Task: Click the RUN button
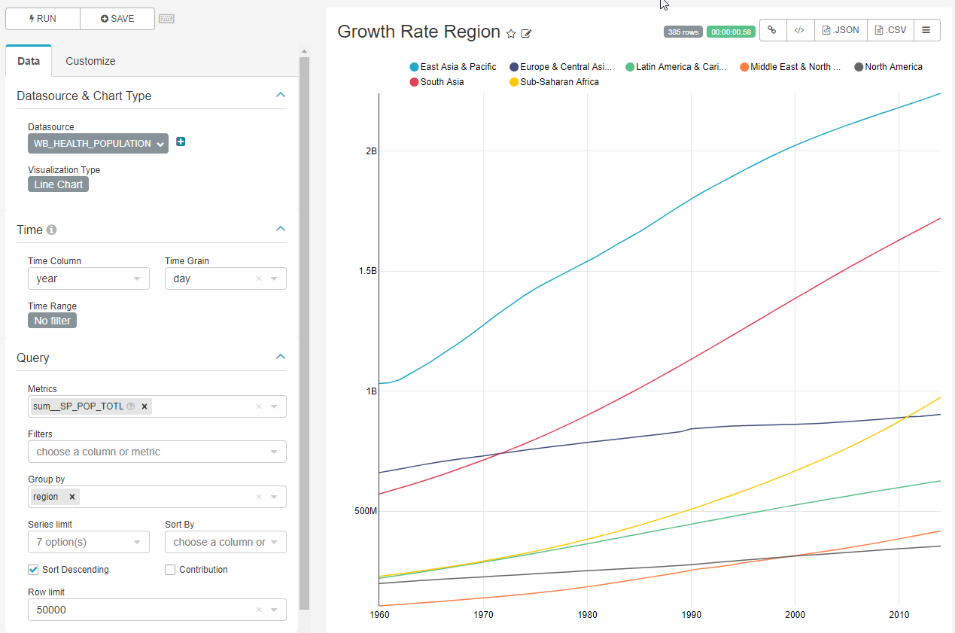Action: (x=43, y=19)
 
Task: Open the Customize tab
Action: (x=90, y=61)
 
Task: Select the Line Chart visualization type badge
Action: (x=58, y=184)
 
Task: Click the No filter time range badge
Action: (x=52, y=321)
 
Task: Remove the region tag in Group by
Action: (x=72, y=497)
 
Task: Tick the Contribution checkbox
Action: (x=170, y=570)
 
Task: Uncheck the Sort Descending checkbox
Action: (x=33, y=570)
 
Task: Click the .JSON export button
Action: (x=841, y=30)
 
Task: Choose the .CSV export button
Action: (x=890, y=30)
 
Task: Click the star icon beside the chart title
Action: (x=511, y=34)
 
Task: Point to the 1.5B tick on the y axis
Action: (x=368, y=271)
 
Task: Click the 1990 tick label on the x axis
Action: (x=691, y=615)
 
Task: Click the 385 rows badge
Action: (x=683, y=32)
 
